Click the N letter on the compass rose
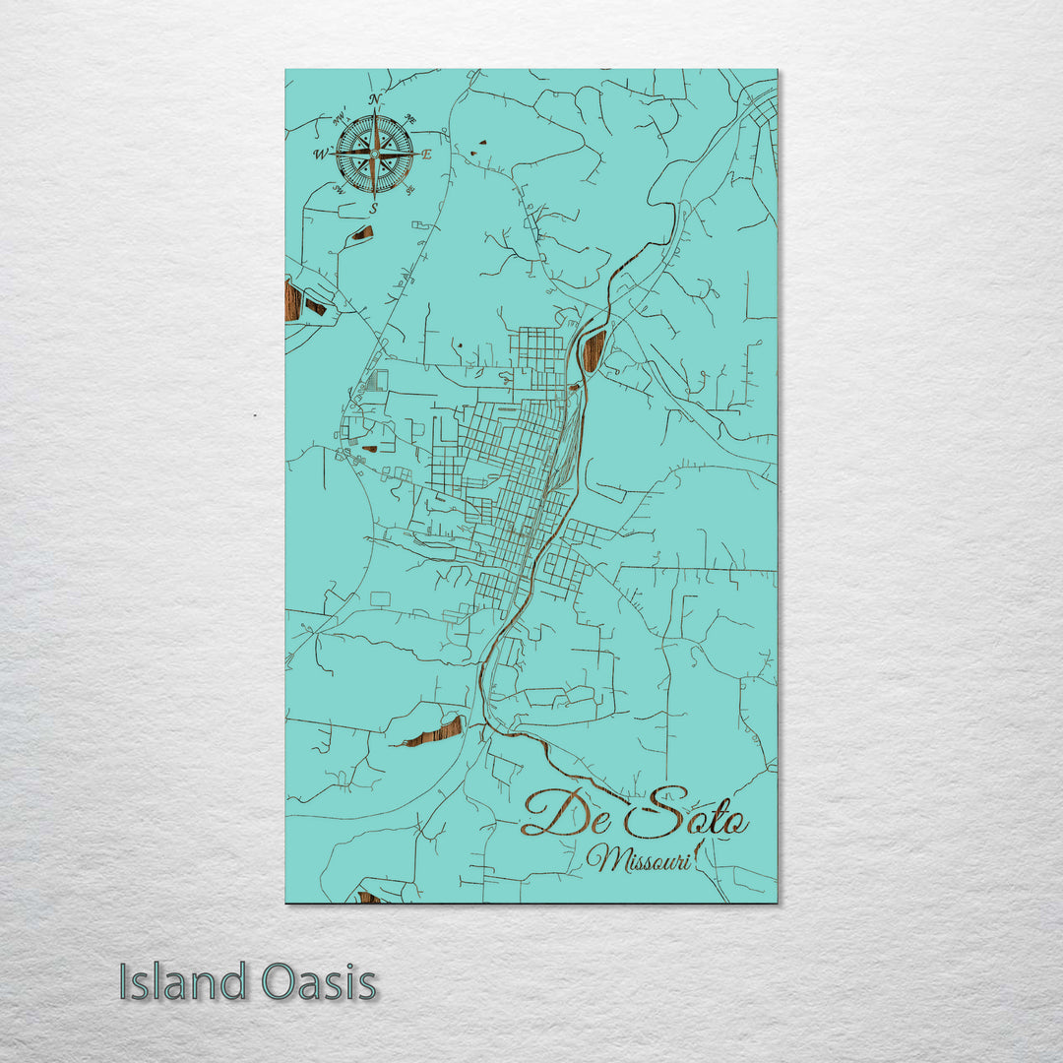(x=374, y=99)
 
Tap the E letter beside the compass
(x=427, y=155)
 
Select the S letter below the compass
(x=373, y=209)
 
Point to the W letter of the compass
(x=320, y=155)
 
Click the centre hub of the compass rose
(x=374, y=154)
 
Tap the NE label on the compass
(x=410, y=120)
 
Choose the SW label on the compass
(x=338, y=189)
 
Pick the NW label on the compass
(x=340, y=119)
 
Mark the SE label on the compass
(x=409, y=189)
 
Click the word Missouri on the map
(x=638, y=858)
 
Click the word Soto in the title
(x=687, y=813)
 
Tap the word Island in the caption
(x=183, y=981)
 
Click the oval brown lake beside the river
(x=594, y=350)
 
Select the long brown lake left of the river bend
(x=433, y=732)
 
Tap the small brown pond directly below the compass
(x=363, y=233)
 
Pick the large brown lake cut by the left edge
(x=292, y=300)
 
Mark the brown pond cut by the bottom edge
(x=369, y=898)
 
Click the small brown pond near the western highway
(x=369, y=449)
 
